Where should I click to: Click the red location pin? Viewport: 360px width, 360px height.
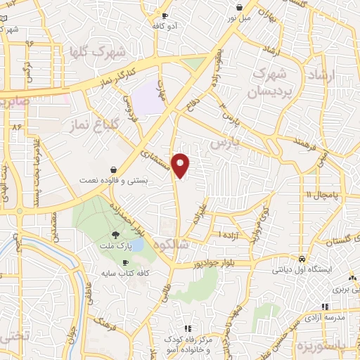click(181, 165)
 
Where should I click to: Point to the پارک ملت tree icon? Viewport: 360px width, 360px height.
click(115, 234)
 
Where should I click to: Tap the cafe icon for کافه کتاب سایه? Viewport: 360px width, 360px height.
click(126, 262)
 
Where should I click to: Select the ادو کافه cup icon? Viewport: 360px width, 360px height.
click(165, 15)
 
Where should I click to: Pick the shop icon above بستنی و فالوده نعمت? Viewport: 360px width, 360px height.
click(114, 169)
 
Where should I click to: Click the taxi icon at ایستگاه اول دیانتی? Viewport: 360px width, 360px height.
click(301, 258)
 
